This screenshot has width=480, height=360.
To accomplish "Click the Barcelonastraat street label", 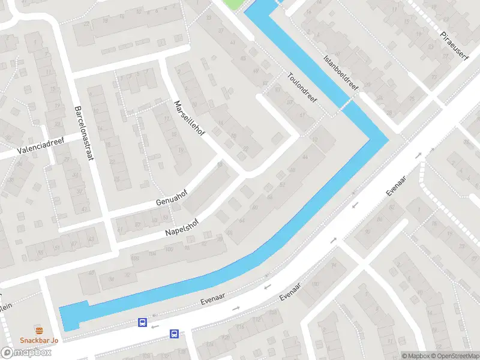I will tap(85, 133).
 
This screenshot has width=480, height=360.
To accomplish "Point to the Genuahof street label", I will tap(172, 198).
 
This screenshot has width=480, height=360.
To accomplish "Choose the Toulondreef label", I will tap(302, 88).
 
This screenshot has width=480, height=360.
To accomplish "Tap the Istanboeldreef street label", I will tap(341, 74).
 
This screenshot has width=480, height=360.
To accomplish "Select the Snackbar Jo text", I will tap(39, 341).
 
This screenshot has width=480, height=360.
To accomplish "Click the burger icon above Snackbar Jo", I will tap(39, 331).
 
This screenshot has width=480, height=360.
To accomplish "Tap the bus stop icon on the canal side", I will tap(142, 323).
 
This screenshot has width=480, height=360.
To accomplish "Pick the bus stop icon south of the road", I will tap(174, 334).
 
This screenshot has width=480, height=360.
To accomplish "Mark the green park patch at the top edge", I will tap(235, 4).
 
